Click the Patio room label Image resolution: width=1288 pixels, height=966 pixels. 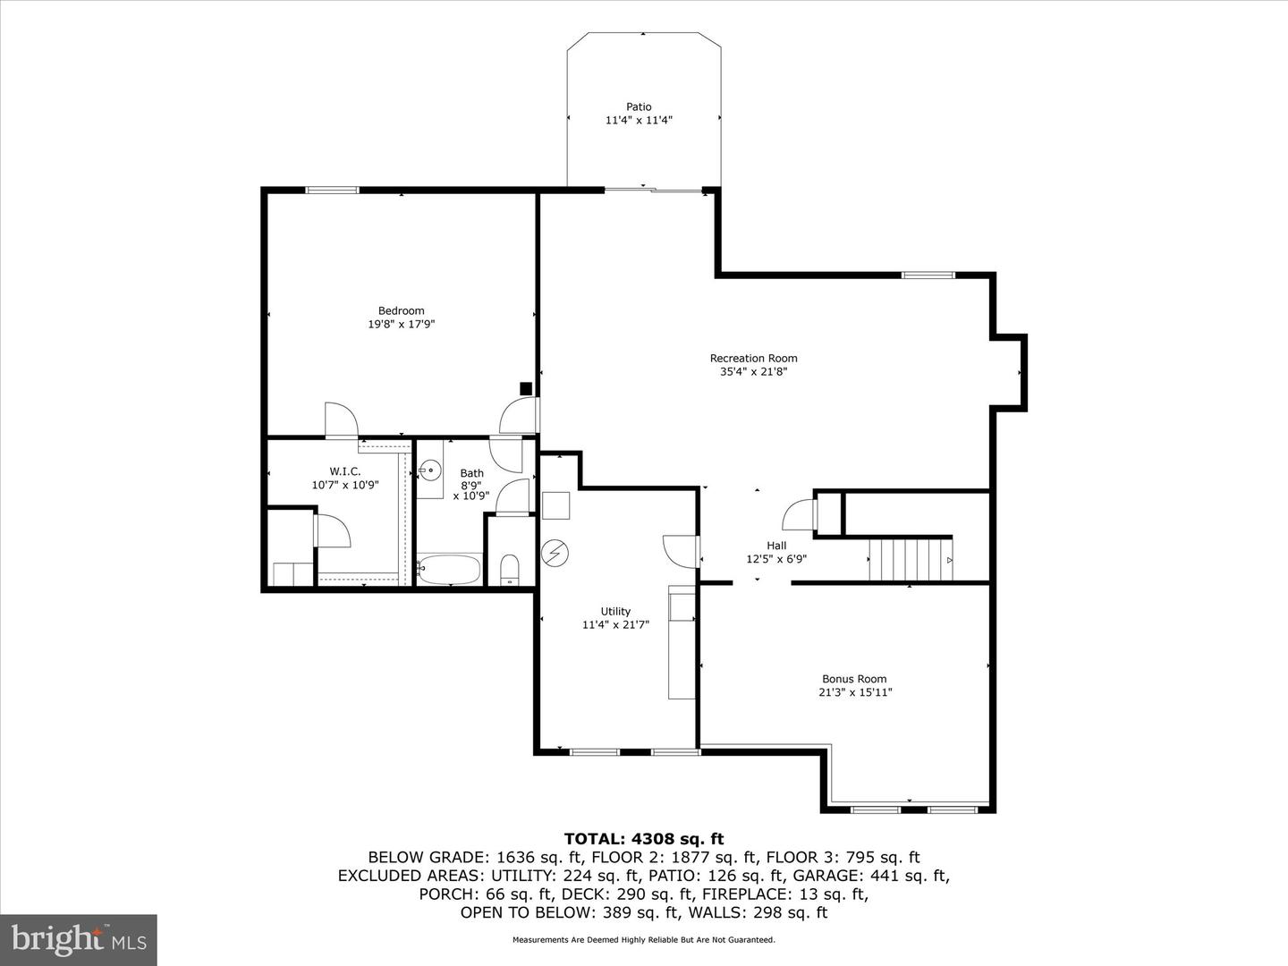(639, 106)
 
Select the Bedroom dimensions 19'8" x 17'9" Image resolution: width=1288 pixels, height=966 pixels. (401, 325)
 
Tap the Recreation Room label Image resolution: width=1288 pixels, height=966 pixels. (753, 359)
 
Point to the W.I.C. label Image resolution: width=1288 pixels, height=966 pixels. (345, 471)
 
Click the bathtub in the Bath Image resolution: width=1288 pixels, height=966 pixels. (449, 569)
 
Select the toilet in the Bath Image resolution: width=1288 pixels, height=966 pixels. (510, 569)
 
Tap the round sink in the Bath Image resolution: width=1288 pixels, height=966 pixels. (430, 469)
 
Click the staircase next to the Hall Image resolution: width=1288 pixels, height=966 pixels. (911, 559)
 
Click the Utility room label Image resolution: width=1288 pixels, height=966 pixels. (615, 612)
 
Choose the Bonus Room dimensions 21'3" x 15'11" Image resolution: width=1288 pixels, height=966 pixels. (855, 692)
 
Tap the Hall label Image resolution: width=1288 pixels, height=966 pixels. (776, 546)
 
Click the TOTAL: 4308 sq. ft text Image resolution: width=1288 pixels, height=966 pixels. (643, 839)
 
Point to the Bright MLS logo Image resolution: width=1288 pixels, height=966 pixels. (79, 939)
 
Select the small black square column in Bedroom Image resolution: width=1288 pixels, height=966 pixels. (526, 388)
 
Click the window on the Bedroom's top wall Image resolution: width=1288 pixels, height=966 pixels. (333, 190)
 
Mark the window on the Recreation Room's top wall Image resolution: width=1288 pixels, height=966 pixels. (928, 275)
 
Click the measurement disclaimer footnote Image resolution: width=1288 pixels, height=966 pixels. (643, 940)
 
